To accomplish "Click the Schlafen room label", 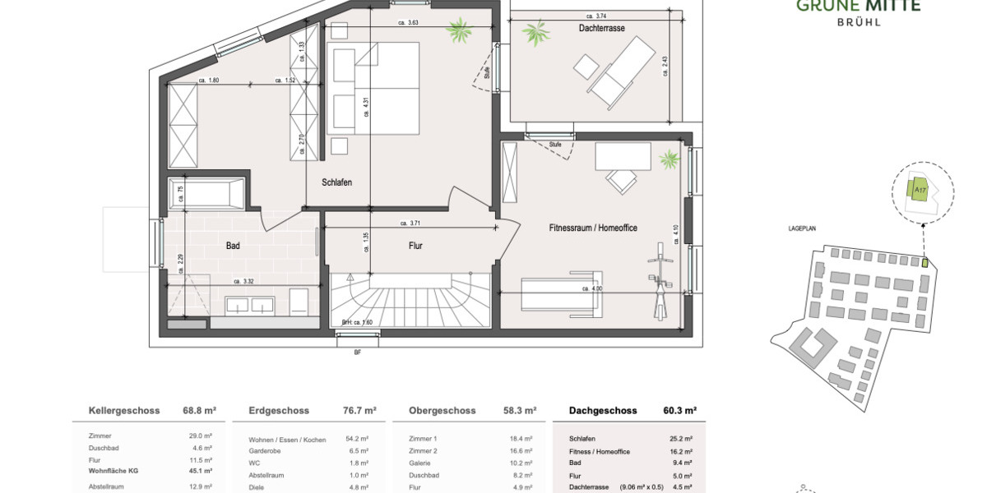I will (x=337, y=182).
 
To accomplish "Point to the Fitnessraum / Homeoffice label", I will (x=593, y=228).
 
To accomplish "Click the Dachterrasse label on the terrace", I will (x=601, y=29).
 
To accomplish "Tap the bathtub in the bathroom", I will (x=206, y=194).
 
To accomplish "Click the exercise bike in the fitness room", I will (x=657, y=282).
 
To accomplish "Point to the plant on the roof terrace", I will (x=539, y=35).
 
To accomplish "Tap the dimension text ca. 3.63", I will (x=408, y=23).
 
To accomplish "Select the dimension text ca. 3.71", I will (x=410, y=223).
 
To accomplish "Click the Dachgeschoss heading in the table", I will (x=603, y=411).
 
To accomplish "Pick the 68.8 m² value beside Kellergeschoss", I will (x=199, y=411).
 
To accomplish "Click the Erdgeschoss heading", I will (x=279, y=411).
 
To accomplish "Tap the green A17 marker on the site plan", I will (x=920, y=190).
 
